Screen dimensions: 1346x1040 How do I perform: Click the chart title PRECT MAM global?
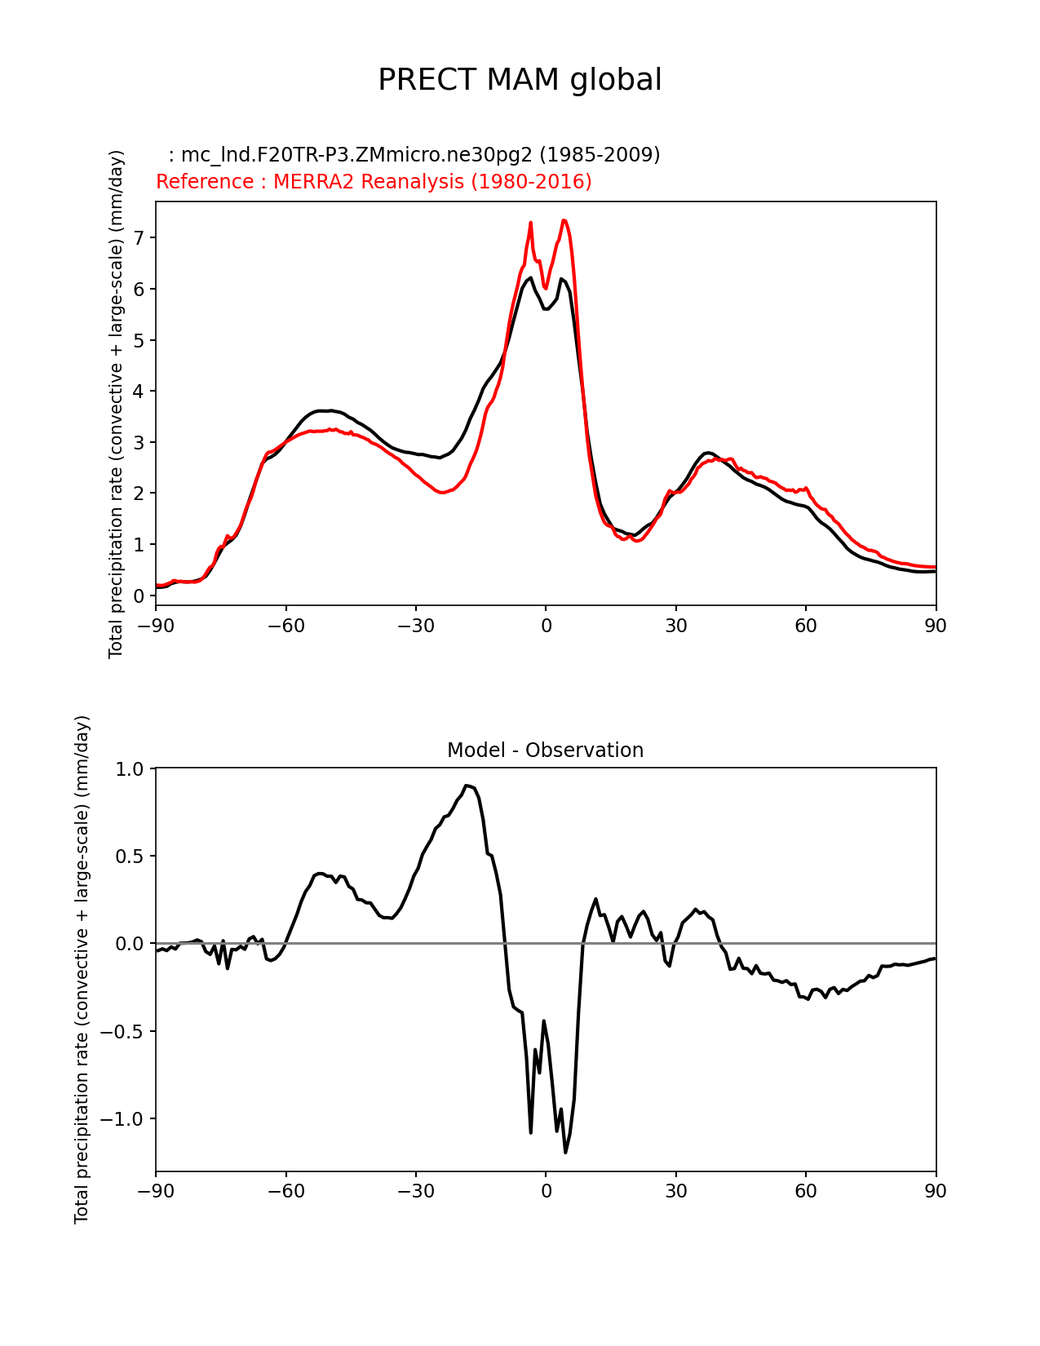point(520,80)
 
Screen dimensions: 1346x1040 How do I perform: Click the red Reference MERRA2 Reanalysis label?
point(374,181)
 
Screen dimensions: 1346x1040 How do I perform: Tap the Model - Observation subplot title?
point(545,750)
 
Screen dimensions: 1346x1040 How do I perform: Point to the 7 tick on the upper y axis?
point(139,237)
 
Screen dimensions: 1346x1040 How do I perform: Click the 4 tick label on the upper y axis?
point(139,391)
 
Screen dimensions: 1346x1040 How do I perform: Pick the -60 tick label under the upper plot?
point(285,626)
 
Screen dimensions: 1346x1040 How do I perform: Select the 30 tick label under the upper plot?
point(675,626)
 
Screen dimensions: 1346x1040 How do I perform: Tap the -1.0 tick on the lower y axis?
point(123,1118)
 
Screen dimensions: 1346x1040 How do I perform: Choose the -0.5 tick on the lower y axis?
point(123,1031)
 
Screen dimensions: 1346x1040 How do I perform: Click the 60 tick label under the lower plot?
point(806,1191)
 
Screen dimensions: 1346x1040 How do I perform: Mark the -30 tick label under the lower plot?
point(415,1191)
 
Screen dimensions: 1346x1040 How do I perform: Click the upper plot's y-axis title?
point(117,404)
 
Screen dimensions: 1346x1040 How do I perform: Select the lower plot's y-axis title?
point(82,969)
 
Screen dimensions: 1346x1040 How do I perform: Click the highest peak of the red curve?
point(564,219)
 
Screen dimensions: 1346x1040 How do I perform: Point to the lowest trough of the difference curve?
point(565,1152)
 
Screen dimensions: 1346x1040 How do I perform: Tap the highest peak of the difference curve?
point(466,786)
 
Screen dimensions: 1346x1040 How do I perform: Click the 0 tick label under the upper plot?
point(546,626)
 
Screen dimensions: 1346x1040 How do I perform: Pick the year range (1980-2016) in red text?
point(531,181)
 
